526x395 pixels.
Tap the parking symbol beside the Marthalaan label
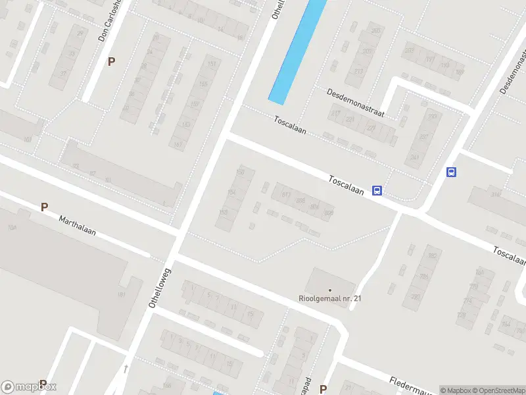[x=45, y=207]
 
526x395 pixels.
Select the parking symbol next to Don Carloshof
[x=112, y=61]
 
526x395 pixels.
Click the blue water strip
[x=298, y=49]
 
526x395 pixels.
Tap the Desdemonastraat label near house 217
[x=356, y=103]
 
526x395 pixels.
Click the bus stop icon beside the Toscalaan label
[x=377, y=190]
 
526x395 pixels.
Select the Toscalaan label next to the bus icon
[x=347, y=184]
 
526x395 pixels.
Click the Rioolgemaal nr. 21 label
[x=330, y=298]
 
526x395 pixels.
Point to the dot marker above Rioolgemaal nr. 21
[x=330, y=290]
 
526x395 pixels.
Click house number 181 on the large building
[x=122, y=294]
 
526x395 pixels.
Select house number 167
[x=178, y=145]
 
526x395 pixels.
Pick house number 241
[x=414, y=157]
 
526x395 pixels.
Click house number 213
[x=358, y=71]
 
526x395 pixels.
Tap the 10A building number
[x=11, y=227]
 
